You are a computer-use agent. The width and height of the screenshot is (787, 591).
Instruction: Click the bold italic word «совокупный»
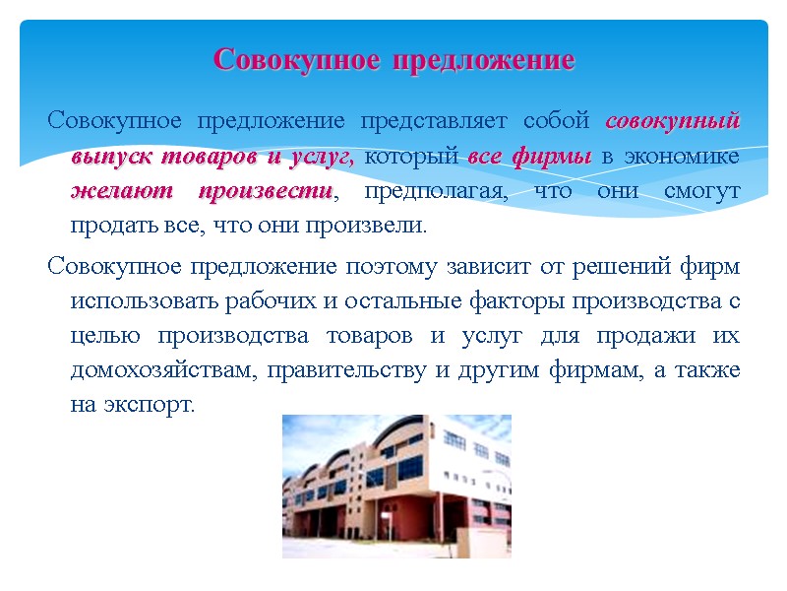[672, 122]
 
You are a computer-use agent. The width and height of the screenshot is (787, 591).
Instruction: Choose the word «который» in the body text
[413, 157]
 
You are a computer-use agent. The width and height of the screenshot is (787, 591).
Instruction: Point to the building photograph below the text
[396, 487]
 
